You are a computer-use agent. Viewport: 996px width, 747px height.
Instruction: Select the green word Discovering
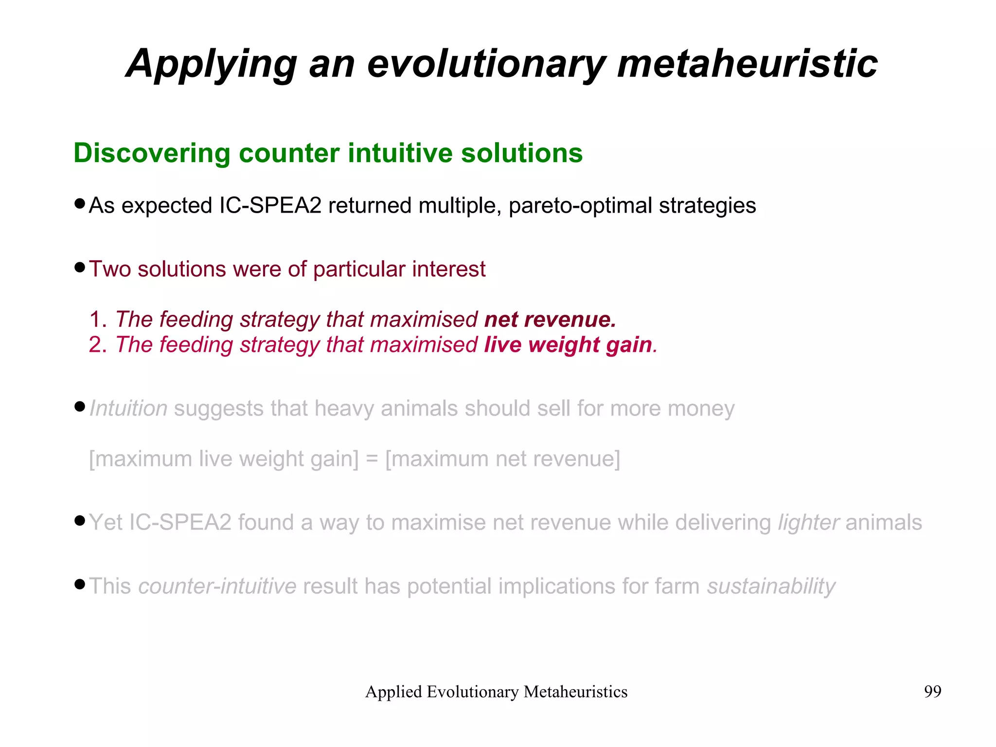click(152, 153)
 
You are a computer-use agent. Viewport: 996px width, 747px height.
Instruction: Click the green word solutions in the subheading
click(522, 153)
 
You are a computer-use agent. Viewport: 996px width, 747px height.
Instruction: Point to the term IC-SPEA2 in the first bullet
click(270, 205)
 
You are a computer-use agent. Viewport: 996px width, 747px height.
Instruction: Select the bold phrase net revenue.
click(550, 319)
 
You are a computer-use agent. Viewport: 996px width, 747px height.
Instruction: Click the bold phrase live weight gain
click(568, 345)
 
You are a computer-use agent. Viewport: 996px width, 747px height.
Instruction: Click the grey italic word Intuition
click(129, 408)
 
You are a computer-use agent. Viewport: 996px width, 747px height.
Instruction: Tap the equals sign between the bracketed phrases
click(372, 459)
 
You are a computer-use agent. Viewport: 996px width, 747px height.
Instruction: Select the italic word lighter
click(808, 523)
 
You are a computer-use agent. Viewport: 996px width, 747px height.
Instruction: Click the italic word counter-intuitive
click(217, 586)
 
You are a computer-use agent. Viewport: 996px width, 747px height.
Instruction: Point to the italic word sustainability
click(771, 586)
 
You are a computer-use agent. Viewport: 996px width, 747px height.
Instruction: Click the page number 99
click(932, 692)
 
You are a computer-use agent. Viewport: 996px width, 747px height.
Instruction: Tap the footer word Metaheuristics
click(575, 692)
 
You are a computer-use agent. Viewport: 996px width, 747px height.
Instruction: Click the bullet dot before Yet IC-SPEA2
click(80, 521)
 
